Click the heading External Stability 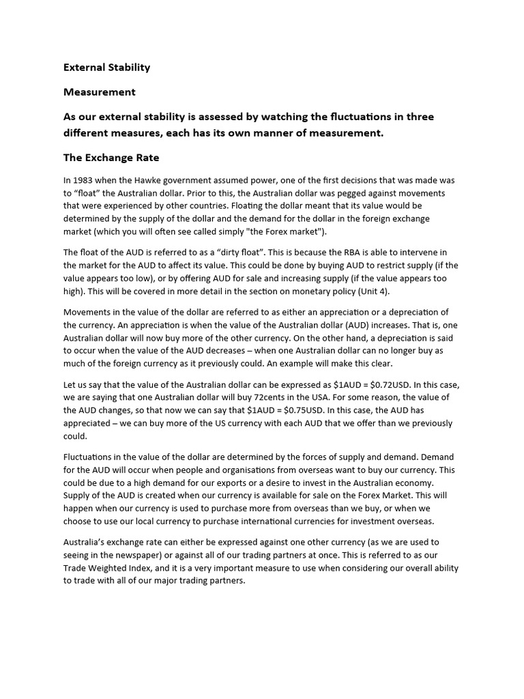click(x=106, y=68)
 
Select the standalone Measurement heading click(x=99, y=92)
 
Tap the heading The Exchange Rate click(x=111, y=158)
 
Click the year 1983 click(x=85, y=180)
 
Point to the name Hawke click(x=154, y=180)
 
